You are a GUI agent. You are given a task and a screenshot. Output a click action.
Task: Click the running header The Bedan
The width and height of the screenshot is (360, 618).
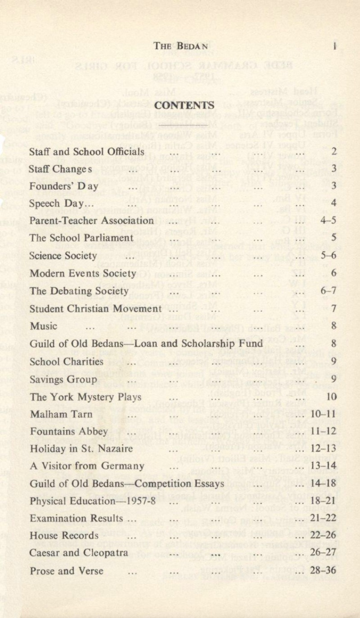(x=181, y=46)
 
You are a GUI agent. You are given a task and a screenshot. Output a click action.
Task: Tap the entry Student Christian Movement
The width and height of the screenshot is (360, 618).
(x=96, y=309)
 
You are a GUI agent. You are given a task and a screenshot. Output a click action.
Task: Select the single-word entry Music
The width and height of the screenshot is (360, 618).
(x=44, y=326)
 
